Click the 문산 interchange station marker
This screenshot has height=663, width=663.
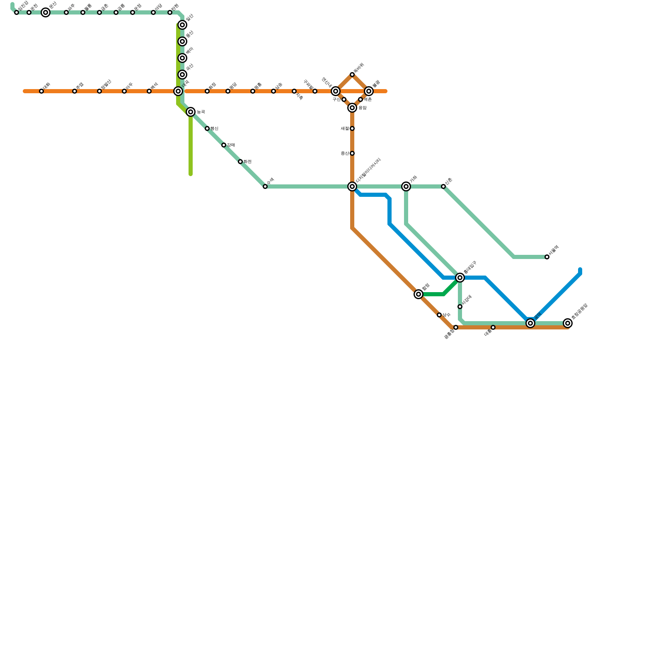click(46, 12)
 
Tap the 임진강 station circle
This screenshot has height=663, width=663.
click(17, 12)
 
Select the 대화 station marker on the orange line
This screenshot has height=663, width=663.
click(41, 91)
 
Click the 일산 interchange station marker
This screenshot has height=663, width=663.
click(182, 25)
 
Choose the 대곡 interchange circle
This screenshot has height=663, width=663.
click(178, 91)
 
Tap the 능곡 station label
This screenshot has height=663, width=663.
click(201, 112)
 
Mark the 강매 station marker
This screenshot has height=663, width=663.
click(224, 145)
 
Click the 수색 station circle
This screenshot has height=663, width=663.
click(265, 186)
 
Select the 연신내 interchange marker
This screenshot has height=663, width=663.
click(336, 91)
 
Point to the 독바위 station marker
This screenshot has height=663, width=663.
click(352, 75)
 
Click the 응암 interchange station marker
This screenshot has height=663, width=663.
click(352, 108)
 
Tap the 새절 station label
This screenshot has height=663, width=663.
click(345, 128)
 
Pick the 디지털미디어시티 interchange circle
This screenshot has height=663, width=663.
click(352, 186)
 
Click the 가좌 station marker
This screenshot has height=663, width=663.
click(406, 186)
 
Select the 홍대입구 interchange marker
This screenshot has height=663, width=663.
click(460, 278)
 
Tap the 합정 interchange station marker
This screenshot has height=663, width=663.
click(419, 294)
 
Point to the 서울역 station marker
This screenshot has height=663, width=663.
click(547, 257)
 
